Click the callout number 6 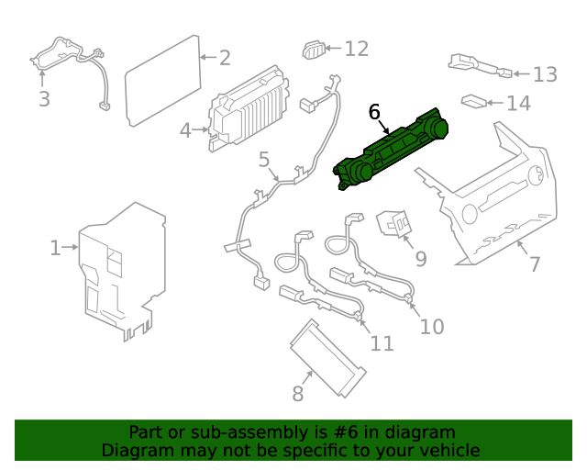[374, 111]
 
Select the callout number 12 [356, 48]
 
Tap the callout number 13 [545, 74]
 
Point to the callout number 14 [518, 103]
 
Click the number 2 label [225, 57]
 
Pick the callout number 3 [44, 98]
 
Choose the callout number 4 [186, 130]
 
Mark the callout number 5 [264, 161]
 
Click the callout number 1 [55, 247]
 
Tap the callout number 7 [534, 264]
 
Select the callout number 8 [297, 394]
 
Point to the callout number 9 [420, 259]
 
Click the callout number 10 [431, 326]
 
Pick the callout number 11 [382, 343]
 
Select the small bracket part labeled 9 [394, 223]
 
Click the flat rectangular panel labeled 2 [163, 81]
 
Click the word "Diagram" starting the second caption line [133, 450]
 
